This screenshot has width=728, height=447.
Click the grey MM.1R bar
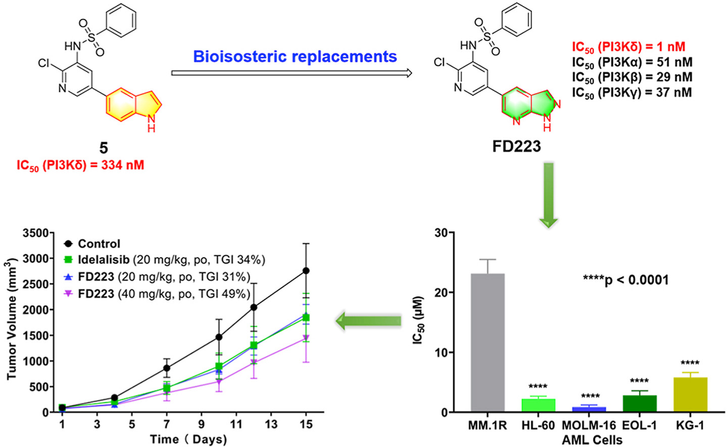click(x=487, y=343)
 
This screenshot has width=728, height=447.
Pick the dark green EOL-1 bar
click(x=639, y=404)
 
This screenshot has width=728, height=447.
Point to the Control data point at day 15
click(x=306, y=271)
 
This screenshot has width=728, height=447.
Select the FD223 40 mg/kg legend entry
click(x=164, y=294)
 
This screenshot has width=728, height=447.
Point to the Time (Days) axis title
click(x=188, y=439)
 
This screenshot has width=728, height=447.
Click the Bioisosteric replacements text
click(x=295, y=57)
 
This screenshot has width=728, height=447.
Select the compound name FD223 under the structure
click(x=516, y=146)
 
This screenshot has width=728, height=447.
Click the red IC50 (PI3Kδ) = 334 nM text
click(x=80, y=165)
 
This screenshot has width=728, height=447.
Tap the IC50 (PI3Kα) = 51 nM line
click(x=632, y=62)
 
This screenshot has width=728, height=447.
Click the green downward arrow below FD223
click(x=548, y=194)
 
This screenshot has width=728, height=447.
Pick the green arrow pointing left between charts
click(x=369, y=321)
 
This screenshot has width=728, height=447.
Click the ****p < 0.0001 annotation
click(x=625, y=280)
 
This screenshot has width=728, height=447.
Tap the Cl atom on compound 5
click(x=44, y=64)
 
